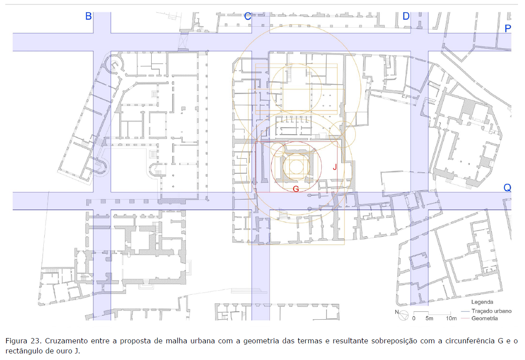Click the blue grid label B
pyautogui.click(x=89, y=16)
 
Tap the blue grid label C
pyautogui.click(x=248, y=16)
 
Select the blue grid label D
pyautogui.click(x=406, y=16)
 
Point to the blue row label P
pyautogui.click(x=507, y=29)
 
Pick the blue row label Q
pyautogui.click(x=507, y=188)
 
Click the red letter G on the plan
pyautogui.click(x=296, y=189)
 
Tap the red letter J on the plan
pyautogui.click(x=334, y=167)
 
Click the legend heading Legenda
pyautogui.click(x=482, y=302)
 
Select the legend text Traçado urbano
pyautogui.click(x=492, y=311)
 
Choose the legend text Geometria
pyautogui.click(x=485, y=318)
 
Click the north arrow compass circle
pyautogui.click(x=404, y=315)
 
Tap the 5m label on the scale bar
pyautogui.click(x=429, y=318)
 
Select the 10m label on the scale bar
pyautogui.click(x=451, y=318)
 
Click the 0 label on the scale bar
pyautogui.click(x=414, y=318)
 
